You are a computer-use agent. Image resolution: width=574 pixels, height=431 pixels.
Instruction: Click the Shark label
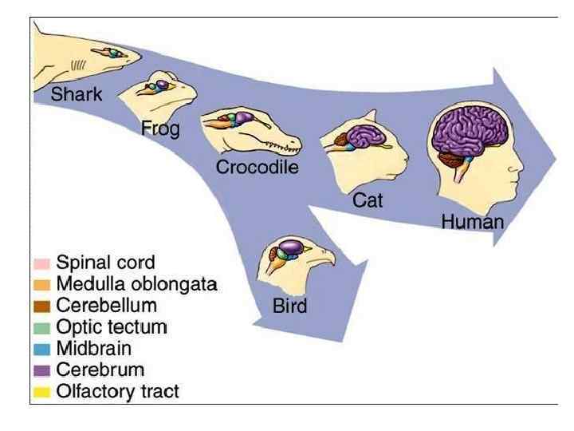[77, 94]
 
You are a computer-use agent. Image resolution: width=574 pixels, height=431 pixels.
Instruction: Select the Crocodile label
[257, 168]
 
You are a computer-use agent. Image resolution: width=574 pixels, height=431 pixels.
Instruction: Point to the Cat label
[368, 200]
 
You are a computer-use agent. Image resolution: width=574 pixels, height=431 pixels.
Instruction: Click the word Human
[473, 221]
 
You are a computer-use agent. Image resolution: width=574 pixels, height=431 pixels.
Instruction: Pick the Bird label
[290, 306]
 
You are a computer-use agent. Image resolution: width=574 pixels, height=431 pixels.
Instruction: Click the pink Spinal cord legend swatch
[43, 263]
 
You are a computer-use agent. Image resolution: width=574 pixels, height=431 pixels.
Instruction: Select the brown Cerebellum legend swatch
[43, 306]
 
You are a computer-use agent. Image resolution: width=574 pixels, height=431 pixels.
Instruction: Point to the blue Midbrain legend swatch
[43, 349]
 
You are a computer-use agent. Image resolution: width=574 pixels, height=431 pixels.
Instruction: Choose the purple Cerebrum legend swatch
[43, 370]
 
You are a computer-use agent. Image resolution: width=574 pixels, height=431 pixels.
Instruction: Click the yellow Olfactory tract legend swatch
[43, 392]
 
